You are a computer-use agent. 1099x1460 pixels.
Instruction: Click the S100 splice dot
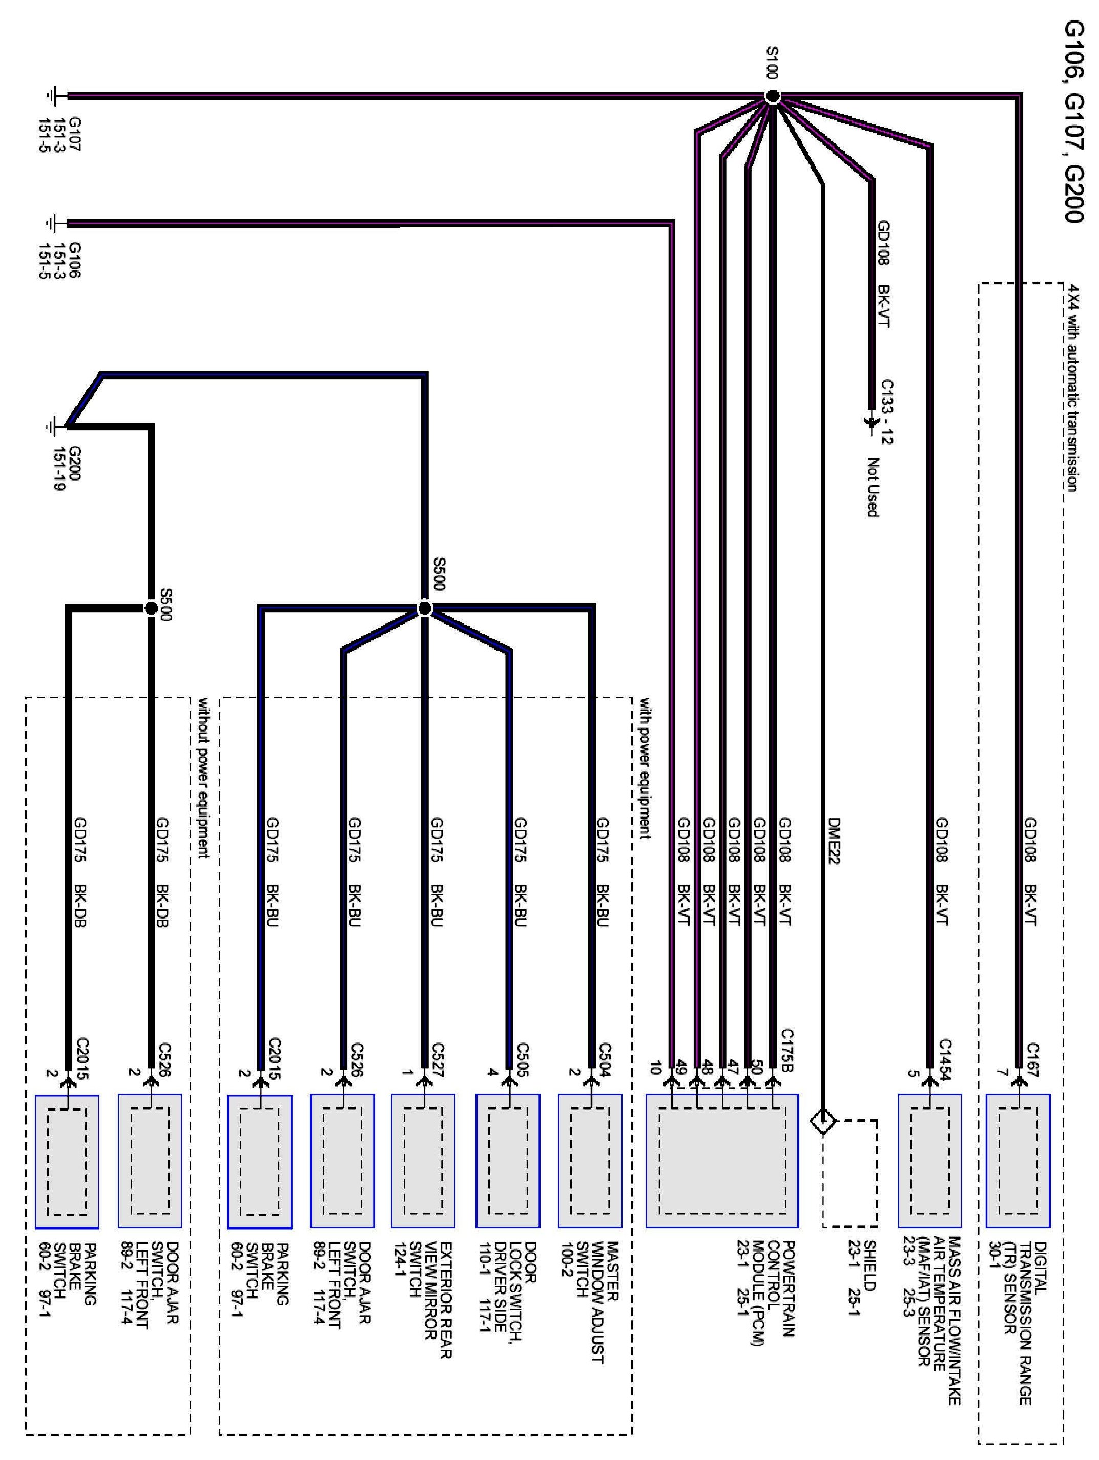(773, 97)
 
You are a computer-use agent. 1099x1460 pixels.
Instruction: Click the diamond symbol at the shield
(822, 1121)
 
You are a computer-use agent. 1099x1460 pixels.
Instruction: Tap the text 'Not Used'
(873, 488)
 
